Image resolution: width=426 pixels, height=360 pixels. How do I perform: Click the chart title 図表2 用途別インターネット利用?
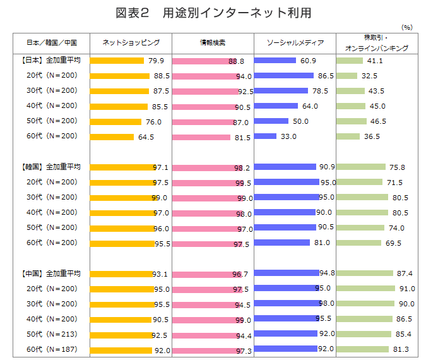tap(213, 12)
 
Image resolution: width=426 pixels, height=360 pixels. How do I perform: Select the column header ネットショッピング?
tap(131, 42)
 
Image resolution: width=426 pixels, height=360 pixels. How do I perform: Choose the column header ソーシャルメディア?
tap(295, 42)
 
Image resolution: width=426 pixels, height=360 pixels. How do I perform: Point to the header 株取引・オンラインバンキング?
tap(377, 42)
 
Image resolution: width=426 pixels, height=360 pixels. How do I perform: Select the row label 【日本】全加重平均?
tap(51, 61)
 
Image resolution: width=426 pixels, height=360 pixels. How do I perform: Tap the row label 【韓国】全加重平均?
tap(51, 167)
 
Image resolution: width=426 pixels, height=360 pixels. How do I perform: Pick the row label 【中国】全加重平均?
tap(51, 274)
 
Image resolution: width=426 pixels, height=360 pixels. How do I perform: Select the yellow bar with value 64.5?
tap(112, 137)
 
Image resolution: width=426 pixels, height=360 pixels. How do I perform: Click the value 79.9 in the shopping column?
tap(156, 61)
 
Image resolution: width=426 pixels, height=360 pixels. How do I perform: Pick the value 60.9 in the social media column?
tap(309, 61)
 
